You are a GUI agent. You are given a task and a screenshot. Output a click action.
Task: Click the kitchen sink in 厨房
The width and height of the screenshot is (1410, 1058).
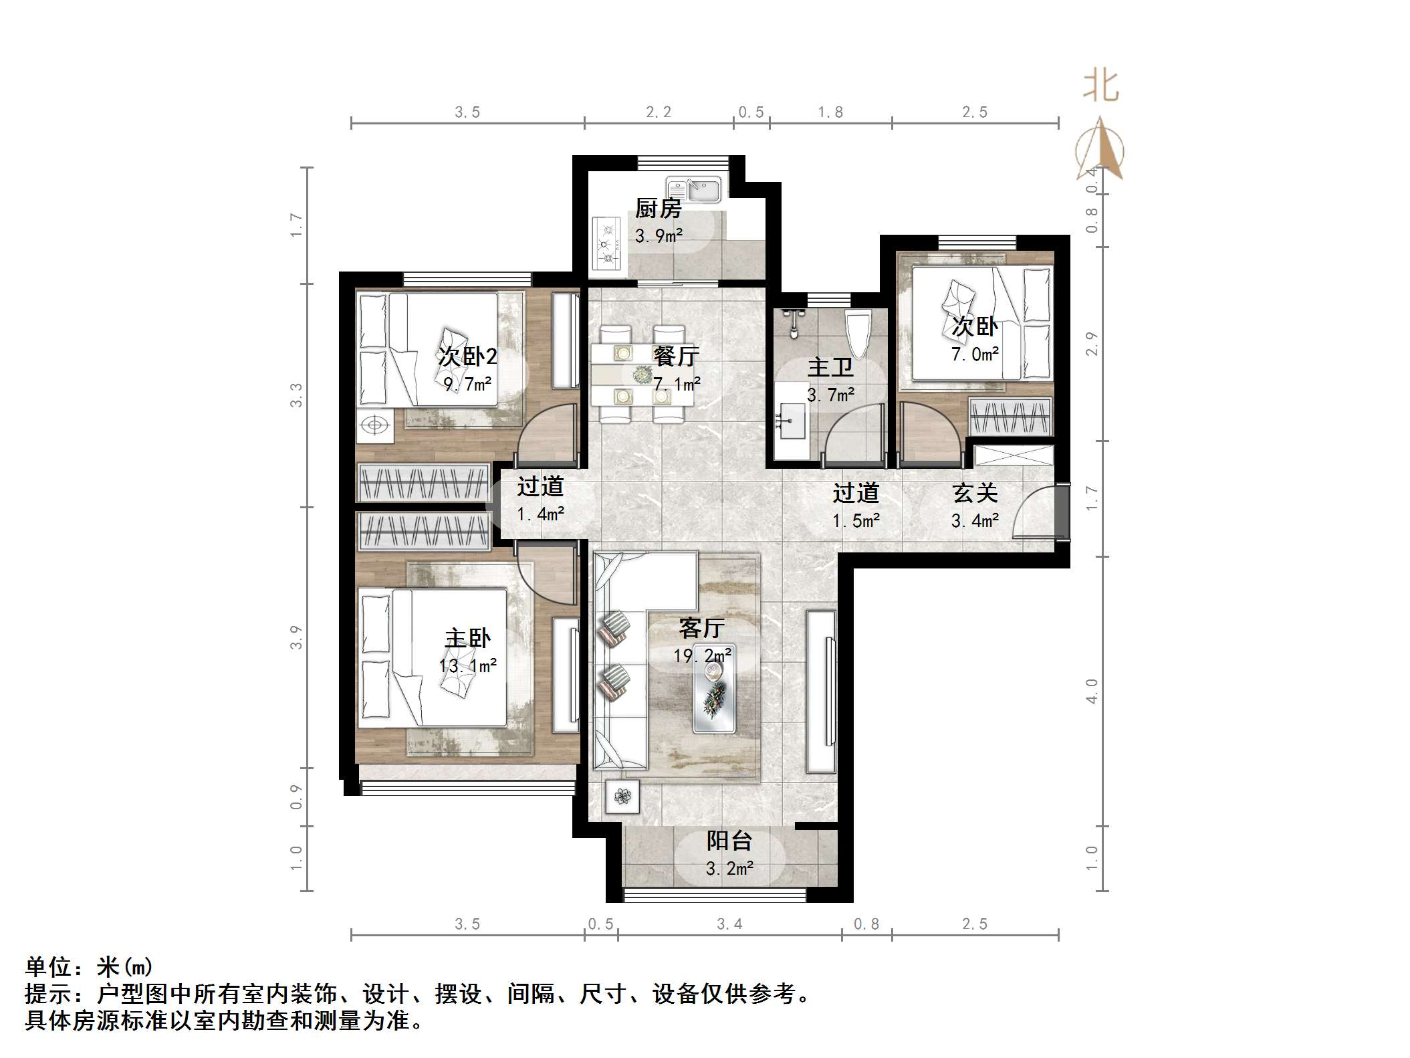[693, 190]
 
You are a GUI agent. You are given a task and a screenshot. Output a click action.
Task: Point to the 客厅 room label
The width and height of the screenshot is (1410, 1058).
[701, 627]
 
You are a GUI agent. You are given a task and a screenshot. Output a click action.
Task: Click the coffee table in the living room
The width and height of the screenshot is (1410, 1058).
[714, 697]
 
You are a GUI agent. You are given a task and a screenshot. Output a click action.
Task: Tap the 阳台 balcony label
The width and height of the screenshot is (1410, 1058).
[729, 840]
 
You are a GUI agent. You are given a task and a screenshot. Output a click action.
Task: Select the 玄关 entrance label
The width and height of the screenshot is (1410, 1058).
[975, 493]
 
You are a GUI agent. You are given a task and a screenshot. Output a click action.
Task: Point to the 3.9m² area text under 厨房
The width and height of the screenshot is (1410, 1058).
[659, 235]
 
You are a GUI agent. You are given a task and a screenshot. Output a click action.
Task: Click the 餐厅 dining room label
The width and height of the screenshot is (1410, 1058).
[676, 356]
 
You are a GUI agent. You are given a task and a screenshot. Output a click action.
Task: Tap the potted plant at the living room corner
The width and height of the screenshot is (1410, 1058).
[622, 797]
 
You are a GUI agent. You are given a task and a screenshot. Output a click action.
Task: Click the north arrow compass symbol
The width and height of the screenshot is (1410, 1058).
[1100, 150]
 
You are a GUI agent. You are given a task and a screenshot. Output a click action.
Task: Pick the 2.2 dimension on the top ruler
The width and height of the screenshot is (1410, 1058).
[659, 112]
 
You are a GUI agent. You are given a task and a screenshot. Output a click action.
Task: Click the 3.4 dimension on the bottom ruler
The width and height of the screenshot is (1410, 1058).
[729, 924]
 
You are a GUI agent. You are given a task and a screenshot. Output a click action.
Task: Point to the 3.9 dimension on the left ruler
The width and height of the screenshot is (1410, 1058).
[296, 637]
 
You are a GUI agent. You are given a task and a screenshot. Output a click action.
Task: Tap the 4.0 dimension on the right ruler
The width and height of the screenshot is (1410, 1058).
[1092, 691]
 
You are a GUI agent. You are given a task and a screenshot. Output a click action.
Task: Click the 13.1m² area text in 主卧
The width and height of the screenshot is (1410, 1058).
[467, 666]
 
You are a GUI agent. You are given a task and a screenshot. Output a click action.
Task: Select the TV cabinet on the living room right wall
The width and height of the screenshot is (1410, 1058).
[822, 691]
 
